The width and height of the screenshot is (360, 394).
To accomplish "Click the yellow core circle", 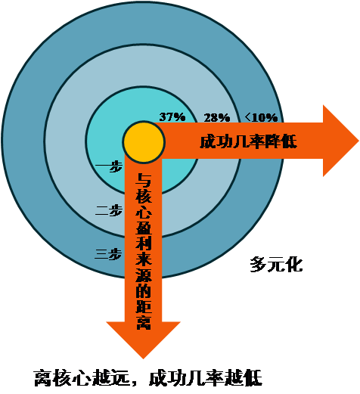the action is pyautogui.click(x=144, y=141).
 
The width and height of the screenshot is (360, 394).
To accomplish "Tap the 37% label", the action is pyautogui.click(x=172, y=117).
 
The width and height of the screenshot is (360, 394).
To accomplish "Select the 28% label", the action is pyautogui.click(x=217, y=117).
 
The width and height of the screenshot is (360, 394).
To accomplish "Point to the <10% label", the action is pyautogui.click(x=261, y=117).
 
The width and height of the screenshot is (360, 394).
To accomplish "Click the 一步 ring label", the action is pyautogui.click(x=109, y=166).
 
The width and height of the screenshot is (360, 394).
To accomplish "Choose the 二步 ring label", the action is pyautogui.click(x=109, y=210).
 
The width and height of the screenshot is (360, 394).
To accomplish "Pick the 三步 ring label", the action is pyautogui.click(x=108, y=254).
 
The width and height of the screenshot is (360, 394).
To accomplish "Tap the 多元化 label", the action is pyautogui.click(x=276, y=265).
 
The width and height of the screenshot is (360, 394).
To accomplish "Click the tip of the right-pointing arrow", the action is pyautogui.click(x=358, y=141).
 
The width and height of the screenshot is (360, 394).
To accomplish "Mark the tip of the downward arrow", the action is pyautogui.click(x=143, y=358).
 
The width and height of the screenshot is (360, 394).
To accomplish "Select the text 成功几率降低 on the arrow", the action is pyautogui.click(x=248, y=141).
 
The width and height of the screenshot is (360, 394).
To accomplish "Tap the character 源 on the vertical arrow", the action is pyautogui.click(x=144, y=275).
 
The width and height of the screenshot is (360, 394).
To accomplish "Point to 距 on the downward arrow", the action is pyautogui.click(x=144, y=306).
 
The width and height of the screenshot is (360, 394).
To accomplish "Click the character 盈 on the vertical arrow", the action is pyautogui.click(x=144, y=227).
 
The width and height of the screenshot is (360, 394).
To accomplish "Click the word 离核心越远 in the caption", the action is pyautogui.click(x=82, y=378).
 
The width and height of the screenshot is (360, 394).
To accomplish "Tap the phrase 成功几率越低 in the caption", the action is pyautogui.click(x=206, y=378).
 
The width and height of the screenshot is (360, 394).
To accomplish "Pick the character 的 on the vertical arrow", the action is pyautogui.click(x=144, y=290).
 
